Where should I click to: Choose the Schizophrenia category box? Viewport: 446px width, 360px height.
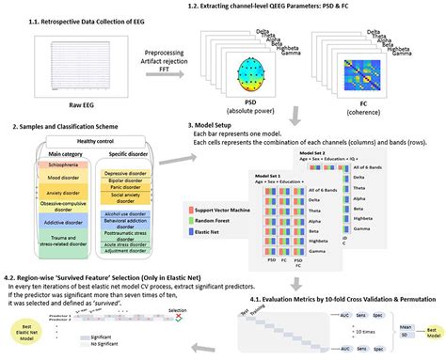48,164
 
